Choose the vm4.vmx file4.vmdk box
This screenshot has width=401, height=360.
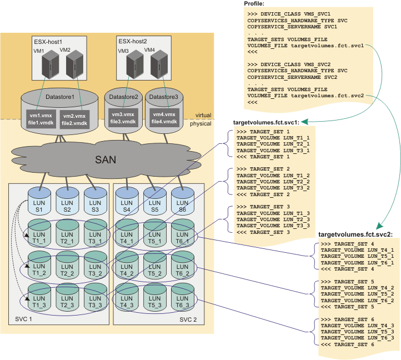tap(164, 117)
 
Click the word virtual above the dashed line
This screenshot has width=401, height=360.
tap(204, 116)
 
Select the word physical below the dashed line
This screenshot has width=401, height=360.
tap(201, 124)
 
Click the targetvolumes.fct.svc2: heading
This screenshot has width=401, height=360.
tap(355, 234)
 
